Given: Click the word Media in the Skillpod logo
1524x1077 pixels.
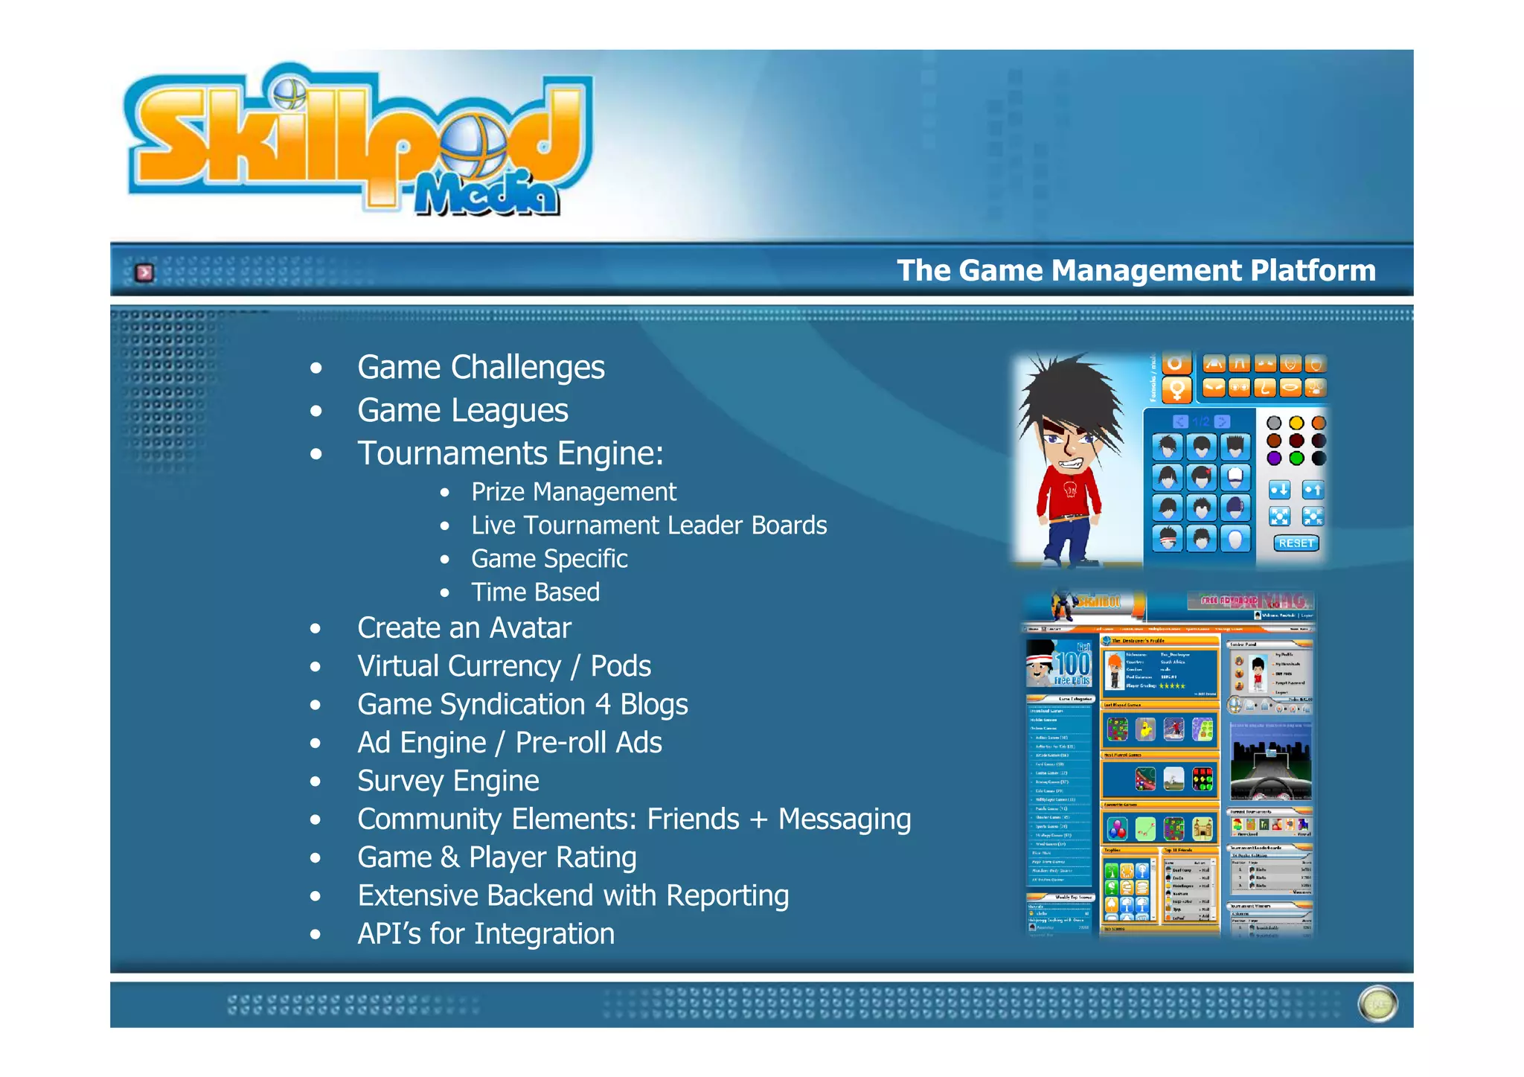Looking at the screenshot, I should coord(487,195).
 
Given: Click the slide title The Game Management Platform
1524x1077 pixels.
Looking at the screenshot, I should coord(1136,270).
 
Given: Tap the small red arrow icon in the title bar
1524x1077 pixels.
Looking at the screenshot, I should coord(144,272).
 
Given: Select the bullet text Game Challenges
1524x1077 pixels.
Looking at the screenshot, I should coord(481,368).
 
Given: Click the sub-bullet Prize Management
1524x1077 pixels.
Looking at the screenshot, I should coord(574,492).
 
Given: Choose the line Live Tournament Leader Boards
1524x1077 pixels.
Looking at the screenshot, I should coord(649,525).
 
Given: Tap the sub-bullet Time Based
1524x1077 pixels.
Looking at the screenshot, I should coord(535,592).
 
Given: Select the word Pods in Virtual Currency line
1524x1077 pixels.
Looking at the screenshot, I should coord(621,666).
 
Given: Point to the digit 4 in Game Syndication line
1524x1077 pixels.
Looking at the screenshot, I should coord(603,705).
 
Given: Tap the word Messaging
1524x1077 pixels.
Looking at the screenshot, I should coord(844,819).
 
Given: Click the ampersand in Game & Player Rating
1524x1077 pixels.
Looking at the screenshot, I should coord(449,857).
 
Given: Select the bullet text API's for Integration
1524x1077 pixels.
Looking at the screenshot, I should coord(486,934).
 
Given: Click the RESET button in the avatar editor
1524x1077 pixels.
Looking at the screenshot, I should coord(1296,543).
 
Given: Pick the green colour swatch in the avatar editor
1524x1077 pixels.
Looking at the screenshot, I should coord(1296,458).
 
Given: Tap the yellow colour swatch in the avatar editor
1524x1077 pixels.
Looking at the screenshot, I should coord(1296,423).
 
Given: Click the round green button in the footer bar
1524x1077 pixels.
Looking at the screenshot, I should coord(1377,1004).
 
